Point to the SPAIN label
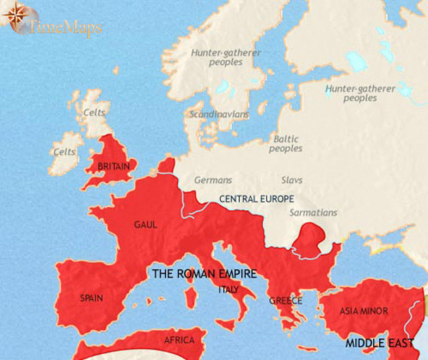92,298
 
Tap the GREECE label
286,301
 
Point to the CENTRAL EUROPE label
256,199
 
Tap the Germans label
213,181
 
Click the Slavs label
291,181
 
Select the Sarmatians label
313,213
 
